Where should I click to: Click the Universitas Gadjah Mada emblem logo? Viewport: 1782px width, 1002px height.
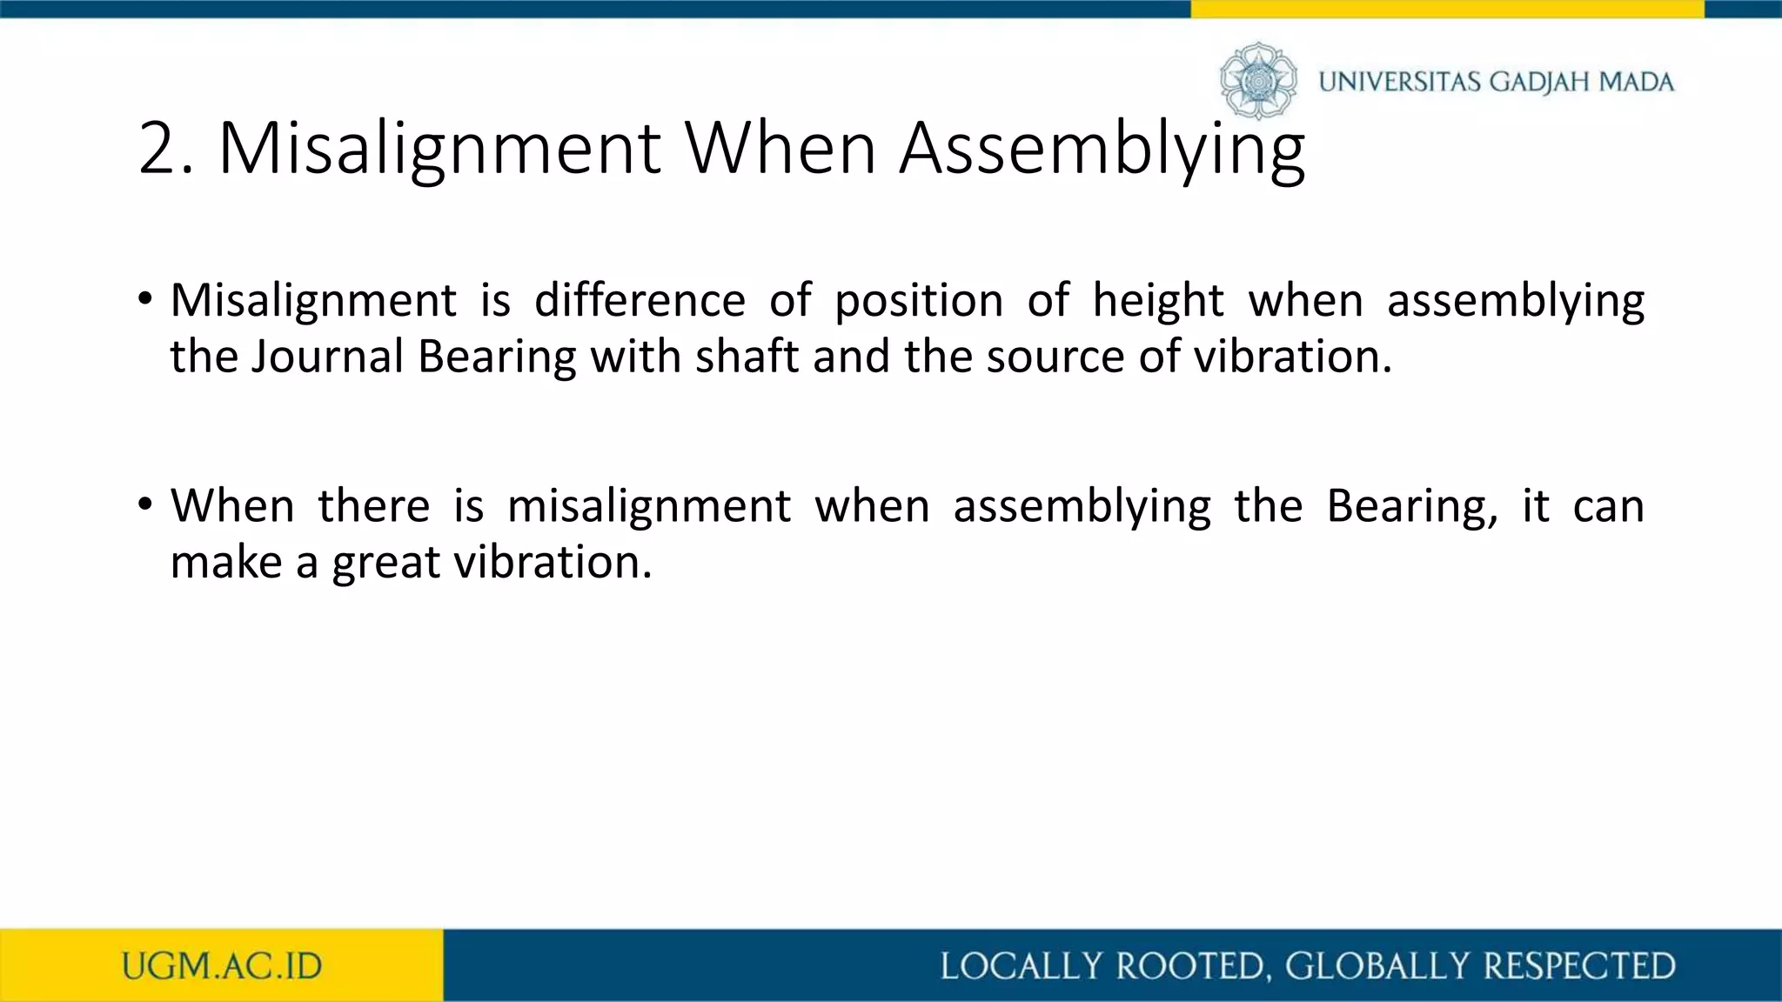[x=1258, y=81]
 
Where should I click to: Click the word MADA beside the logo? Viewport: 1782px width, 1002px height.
[x=1637, y=83]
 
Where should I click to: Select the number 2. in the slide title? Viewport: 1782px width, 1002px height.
[x=165, y=149]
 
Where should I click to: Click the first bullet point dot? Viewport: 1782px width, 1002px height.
[x=144, y=300]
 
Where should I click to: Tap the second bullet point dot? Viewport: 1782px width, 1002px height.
[x=144, y=504]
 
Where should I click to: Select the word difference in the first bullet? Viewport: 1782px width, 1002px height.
[x=640, y=301]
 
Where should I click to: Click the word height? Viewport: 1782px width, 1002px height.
[x=1158, y=301]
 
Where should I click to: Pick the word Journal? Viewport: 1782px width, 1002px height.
[x=327, y=357]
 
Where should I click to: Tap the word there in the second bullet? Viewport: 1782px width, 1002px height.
[x=373, y=505]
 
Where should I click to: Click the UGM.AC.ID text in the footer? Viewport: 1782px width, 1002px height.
[x=222, y=966]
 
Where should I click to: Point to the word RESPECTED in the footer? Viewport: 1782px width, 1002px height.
[x=1579, y=966]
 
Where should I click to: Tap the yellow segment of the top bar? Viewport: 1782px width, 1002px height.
[x=1446, y=9]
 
